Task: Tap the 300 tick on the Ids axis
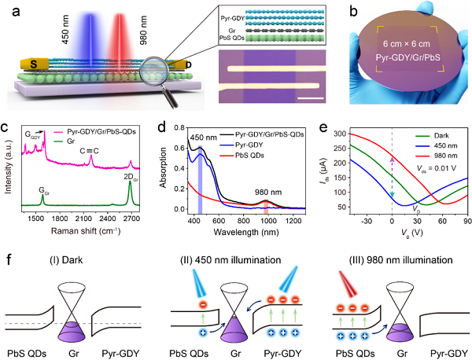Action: [357, 134]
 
